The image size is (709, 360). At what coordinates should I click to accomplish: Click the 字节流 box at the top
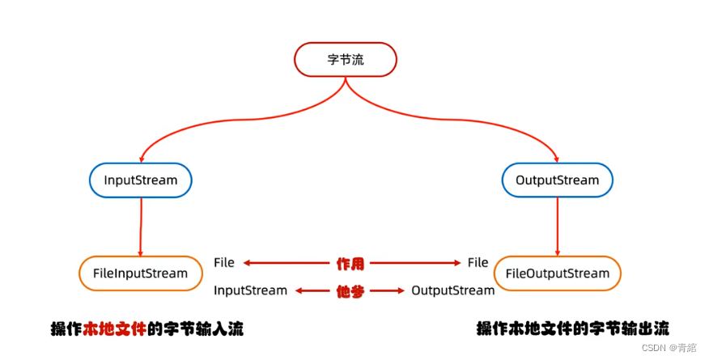coord(345,60)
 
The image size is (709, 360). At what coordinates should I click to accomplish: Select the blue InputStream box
coord(141,180)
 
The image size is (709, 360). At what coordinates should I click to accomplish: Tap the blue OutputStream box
coord(557,180)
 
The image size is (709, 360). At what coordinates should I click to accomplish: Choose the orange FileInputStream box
coord(140,273)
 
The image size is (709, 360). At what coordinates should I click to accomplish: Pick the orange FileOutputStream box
coord(557,273)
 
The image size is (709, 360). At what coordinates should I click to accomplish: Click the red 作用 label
coord(350,263)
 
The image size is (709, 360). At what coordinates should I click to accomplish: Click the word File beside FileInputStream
coord(224,263)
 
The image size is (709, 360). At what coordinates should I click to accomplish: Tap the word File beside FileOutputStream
coord(478,263)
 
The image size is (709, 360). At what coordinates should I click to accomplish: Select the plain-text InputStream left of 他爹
coord(250,290)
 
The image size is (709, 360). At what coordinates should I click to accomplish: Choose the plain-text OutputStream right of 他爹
coord(452,290)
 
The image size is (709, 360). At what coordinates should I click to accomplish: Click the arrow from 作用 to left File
coord(287,263)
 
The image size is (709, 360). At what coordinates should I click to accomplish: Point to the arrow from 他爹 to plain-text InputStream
coord(313,290)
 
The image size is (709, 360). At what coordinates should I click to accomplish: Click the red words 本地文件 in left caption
coord(116,329)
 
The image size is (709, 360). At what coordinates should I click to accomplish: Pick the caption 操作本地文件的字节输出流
coord(572,329)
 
